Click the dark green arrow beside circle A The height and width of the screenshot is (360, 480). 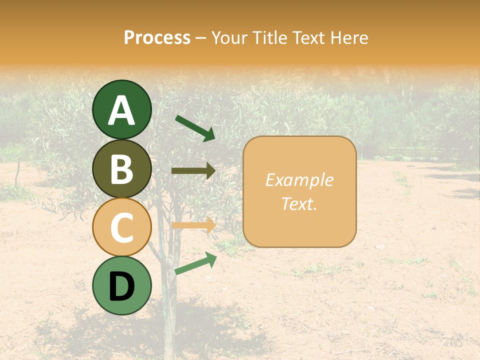[195, 128]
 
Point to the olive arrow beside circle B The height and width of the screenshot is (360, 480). [193, 171]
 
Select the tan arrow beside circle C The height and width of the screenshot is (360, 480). [193, 225]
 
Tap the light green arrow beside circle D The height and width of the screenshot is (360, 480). [195, 263]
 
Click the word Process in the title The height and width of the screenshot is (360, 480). [157, 38]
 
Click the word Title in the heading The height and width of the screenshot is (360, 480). [271, 38]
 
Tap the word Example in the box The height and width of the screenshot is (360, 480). [299, 180]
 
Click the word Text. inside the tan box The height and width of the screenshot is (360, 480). [299, 203]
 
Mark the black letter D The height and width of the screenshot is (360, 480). [121, 287]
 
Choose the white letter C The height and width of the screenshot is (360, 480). [121, 228]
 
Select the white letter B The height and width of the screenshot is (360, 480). [121, 169]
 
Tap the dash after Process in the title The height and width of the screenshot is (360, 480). [201, 38]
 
